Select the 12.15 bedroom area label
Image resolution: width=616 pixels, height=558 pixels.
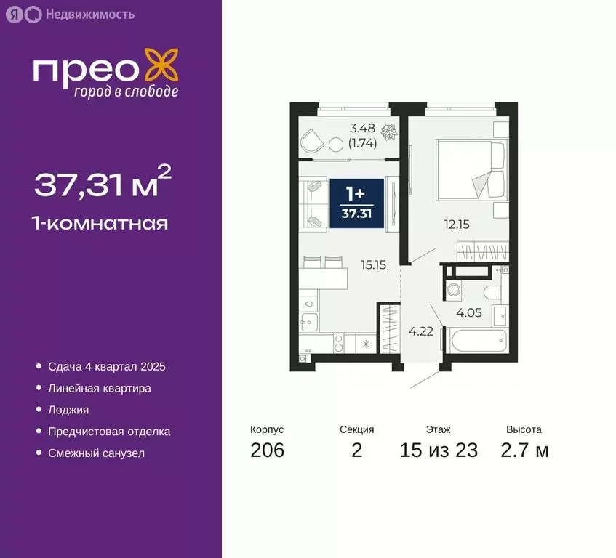click(x=457, y=225)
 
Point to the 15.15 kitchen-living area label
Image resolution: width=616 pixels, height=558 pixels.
click(x=372, y=265)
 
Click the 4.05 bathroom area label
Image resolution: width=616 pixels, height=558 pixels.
click(x=468, y=314)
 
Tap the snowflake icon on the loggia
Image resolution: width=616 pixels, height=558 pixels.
click(x=390, y=132)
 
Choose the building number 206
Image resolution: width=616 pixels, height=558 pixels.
click(x=267, y=450)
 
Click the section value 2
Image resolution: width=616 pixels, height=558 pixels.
click(x=356, y=450)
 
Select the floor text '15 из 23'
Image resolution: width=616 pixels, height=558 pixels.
click(x=439, y=450)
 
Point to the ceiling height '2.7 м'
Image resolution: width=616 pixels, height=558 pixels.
click(x=524, y=450)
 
